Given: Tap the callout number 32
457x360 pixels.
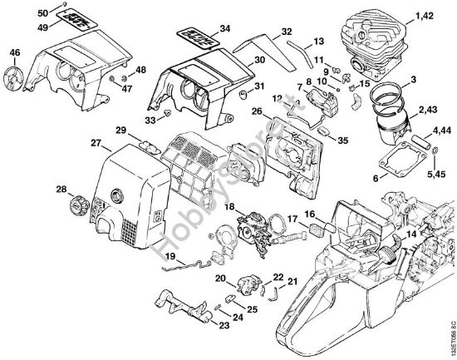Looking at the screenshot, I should (x=286, y=32).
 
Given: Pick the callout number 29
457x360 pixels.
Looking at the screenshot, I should (x=120, y=131).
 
